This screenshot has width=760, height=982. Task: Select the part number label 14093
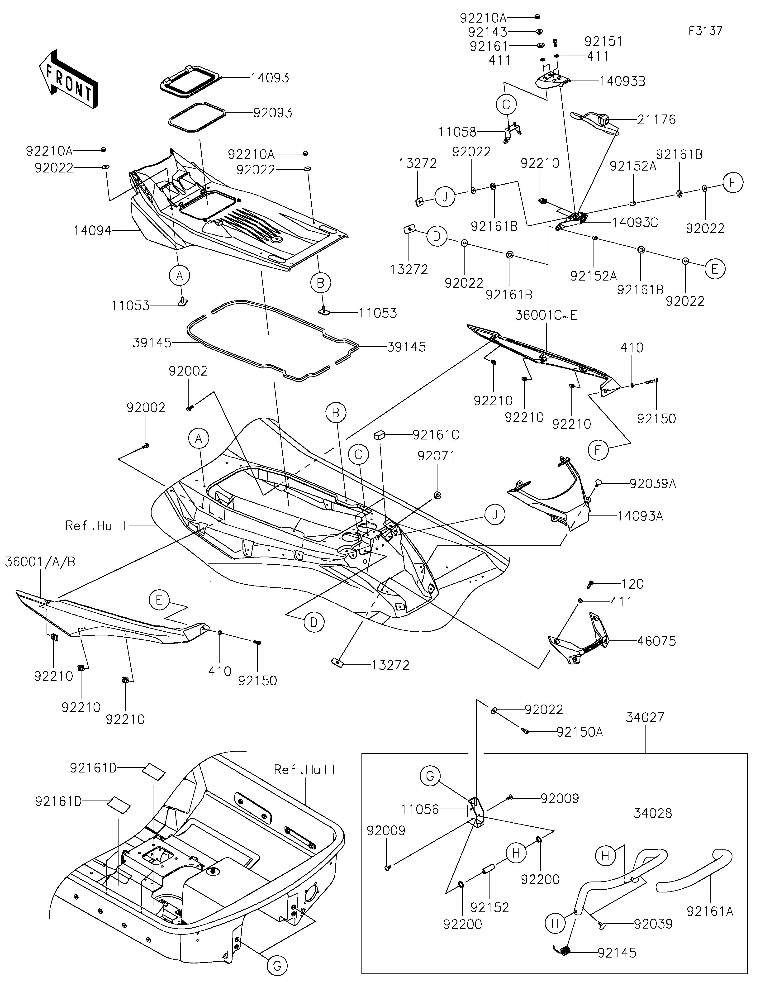point(270,78)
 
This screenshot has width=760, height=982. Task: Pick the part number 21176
point(656,120)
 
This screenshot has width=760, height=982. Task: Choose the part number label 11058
point(457,132)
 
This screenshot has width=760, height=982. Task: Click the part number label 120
point(632,584)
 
